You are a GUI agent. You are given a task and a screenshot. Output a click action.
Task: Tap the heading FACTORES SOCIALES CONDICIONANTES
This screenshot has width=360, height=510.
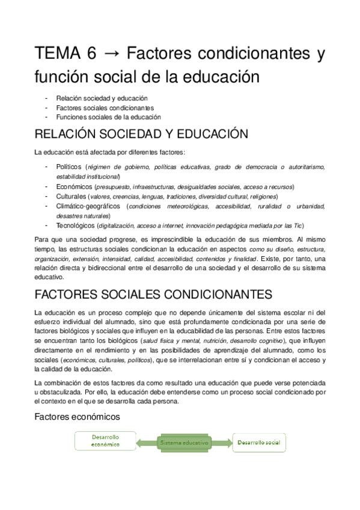pyautogui.click(x=153, y=294)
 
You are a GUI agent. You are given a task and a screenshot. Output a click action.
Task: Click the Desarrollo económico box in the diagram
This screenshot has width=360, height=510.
pyautogui.click(x=105, y=441)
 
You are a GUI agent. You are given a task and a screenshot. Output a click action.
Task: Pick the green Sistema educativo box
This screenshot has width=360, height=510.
pyautogui.click(x=184, y=442)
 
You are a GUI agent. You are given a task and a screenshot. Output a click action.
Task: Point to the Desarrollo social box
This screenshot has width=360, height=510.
pyautogui.click(x=259, y=442)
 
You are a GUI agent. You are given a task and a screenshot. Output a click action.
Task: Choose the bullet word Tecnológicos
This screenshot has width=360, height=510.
pyautogui.click(x=75, y=226)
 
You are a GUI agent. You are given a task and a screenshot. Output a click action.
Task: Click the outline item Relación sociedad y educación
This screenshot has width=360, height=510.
pyautogui.click(x=102, y=97)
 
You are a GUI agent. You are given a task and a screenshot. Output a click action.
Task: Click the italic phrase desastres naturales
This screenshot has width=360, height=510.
pyautogui.click(x=83, y=216)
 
